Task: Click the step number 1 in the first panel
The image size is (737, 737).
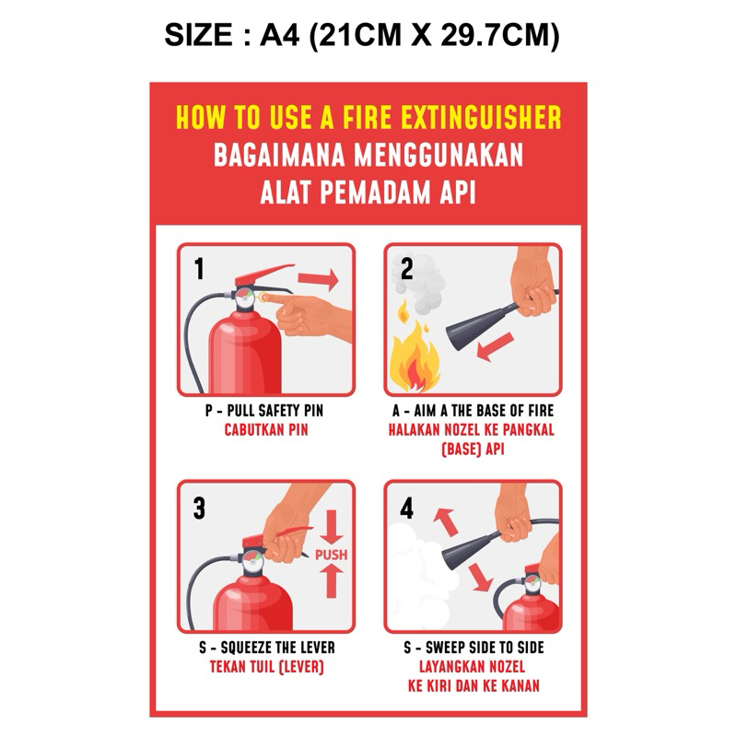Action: [199, 269]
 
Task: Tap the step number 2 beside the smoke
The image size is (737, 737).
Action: [406, 269]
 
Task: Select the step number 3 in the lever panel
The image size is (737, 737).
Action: [199, 509]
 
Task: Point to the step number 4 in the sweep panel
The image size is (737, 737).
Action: [406, 509]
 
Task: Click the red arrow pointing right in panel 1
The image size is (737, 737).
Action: [318, 280]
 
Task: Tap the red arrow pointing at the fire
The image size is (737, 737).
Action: [496, 347]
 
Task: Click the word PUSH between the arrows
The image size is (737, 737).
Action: [332, 555]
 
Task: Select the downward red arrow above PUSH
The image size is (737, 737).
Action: [332, 527]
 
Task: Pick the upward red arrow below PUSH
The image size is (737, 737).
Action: [332, 581]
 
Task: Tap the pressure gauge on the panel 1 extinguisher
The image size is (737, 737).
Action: [245, 298]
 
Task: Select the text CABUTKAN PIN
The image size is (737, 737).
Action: [266, 429]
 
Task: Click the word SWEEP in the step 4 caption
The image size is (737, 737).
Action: [445, 648]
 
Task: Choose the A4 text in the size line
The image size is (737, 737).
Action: [279, 35]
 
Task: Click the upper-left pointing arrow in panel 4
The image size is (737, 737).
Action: [445, 521]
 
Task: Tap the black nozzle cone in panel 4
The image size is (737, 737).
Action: [471, 550]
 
